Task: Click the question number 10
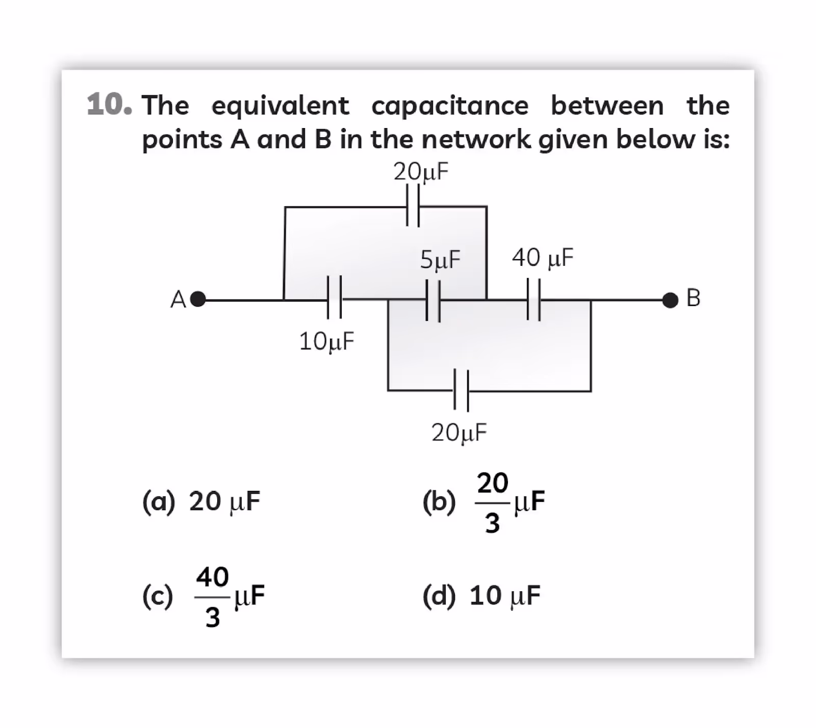coord(109,105)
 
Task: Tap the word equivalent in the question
coord(280,106)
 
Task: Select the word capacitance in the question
coord(450,106)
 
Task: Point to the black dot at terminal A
coord(198,299)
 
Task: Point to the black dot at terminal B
coord(670,300)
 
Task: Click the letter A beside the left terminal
coord(178,299)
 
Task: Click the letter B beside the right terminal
coord(694,298)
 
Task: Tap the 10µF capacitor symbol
coord(334,297)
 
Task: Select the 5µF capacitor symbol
coord(433,301)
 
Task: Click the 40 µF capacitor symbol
coord(533,299)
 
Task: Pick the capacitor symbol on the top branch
coord(413,205)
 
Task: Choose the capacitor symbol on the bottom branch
coord(461,390)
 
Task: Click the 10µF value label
coord(326,341)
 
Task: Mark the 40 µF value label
coord(543,258)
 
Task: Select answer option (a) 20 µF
coord(201,501)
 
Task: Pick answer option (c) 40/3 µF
coord(203,596)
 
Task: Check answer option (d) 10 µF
coord(481,595)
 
